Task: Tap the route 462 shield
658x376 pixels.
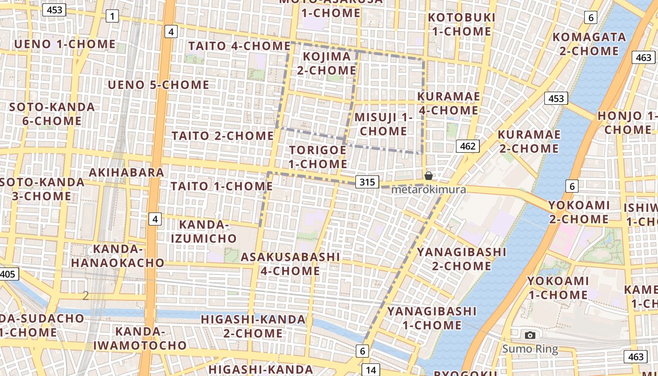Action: (x=468, y=146)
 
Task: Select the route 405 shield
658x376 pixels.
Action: (x=8, y=274)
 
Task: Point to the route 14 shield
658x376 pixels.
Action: (x=371, y=370)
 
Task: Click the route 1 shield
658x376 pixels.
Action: (x=112, y=16)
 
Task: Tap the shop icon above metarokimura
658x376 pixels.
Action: (x=429, y=176)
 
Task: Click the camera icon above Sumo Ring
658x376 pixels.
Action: (x=530, y=335)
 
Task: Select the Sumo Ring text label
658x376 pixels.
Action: (x=530, y=349)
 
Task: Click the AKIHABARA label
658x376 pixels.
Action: (x=126, y=172)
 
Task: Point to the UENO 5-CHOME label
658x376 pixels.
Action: (x=158, y=85)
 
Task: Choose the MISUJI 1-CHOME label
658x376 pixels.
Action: (x=383, y=124)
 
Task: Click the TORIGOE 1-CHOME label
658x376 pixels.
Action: (x=318, y=157)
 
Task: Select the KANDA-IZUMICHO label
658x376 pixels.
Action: (x=204, y=232)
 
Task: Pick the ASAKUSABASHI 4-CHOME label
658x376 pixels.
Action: (x=290, y=264)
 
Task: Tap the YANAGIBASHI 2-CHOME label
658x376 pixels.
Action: (x=462, y=259)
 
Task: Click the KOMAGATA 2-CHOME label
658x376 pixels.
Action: (x=589, y=44)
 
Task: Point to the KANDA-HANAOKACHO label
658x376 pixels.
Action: (x=117, y=256)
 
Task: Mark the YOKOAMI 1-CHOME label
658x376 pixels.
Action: (x=557, y=288)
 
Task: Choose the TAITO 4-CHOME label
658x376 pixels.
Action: (x=239, y=46)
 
